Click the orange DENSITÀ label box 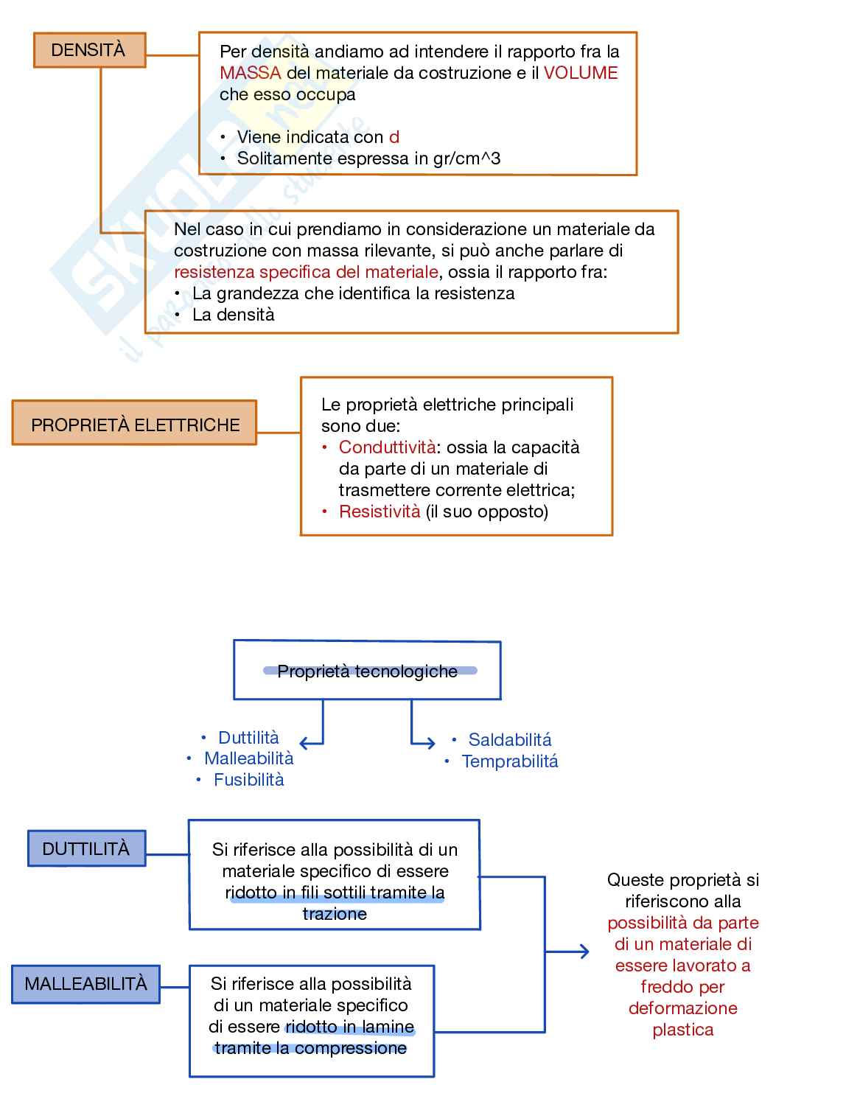(89, 50)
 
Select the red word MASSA (250, 73)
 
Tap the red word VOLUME (581, 73)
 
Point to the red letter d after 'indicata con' (394, 137)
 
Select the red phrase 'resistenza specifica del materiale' (306, 272)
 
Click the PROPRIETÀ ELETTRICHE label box (134, 424)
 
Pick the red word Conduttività (387, 447)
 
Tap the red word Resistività (380, 512)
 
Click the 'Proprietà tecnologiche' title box (367, 671)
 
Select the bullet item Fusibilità (248, 780)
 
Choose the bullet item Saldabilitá (509, 739)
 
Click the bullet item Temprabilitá (509, 761)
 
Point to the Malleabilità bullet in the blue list (248, 758)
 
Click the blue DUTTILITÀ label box (86, 848)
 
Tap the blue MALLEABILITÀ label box (85, 984)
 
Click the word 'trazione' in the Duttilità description (335, 914)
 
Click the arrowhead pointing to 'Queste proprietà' (584, 952)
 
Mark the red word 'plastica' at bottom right (682, 1030)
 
